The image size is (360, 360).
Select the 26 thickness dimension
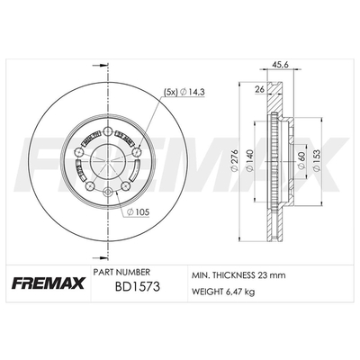coord(259,89)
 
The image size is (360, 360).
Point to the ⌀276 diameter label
coord(234,160)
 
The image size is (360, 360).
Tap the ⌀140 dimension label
coord(250,160)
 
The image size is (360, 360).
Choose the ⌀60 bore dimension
coord(301,160)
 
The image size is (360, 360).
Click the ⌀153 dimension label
coord(317,160)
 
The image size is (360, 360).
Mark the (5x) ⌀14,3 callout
coord(184,93)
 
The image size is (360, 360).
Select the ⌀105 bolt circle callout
coord(138,212)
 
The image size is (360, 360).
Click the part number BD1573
coord(138,287)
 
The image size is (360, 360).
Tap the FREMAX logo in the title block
coord(49,283)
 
